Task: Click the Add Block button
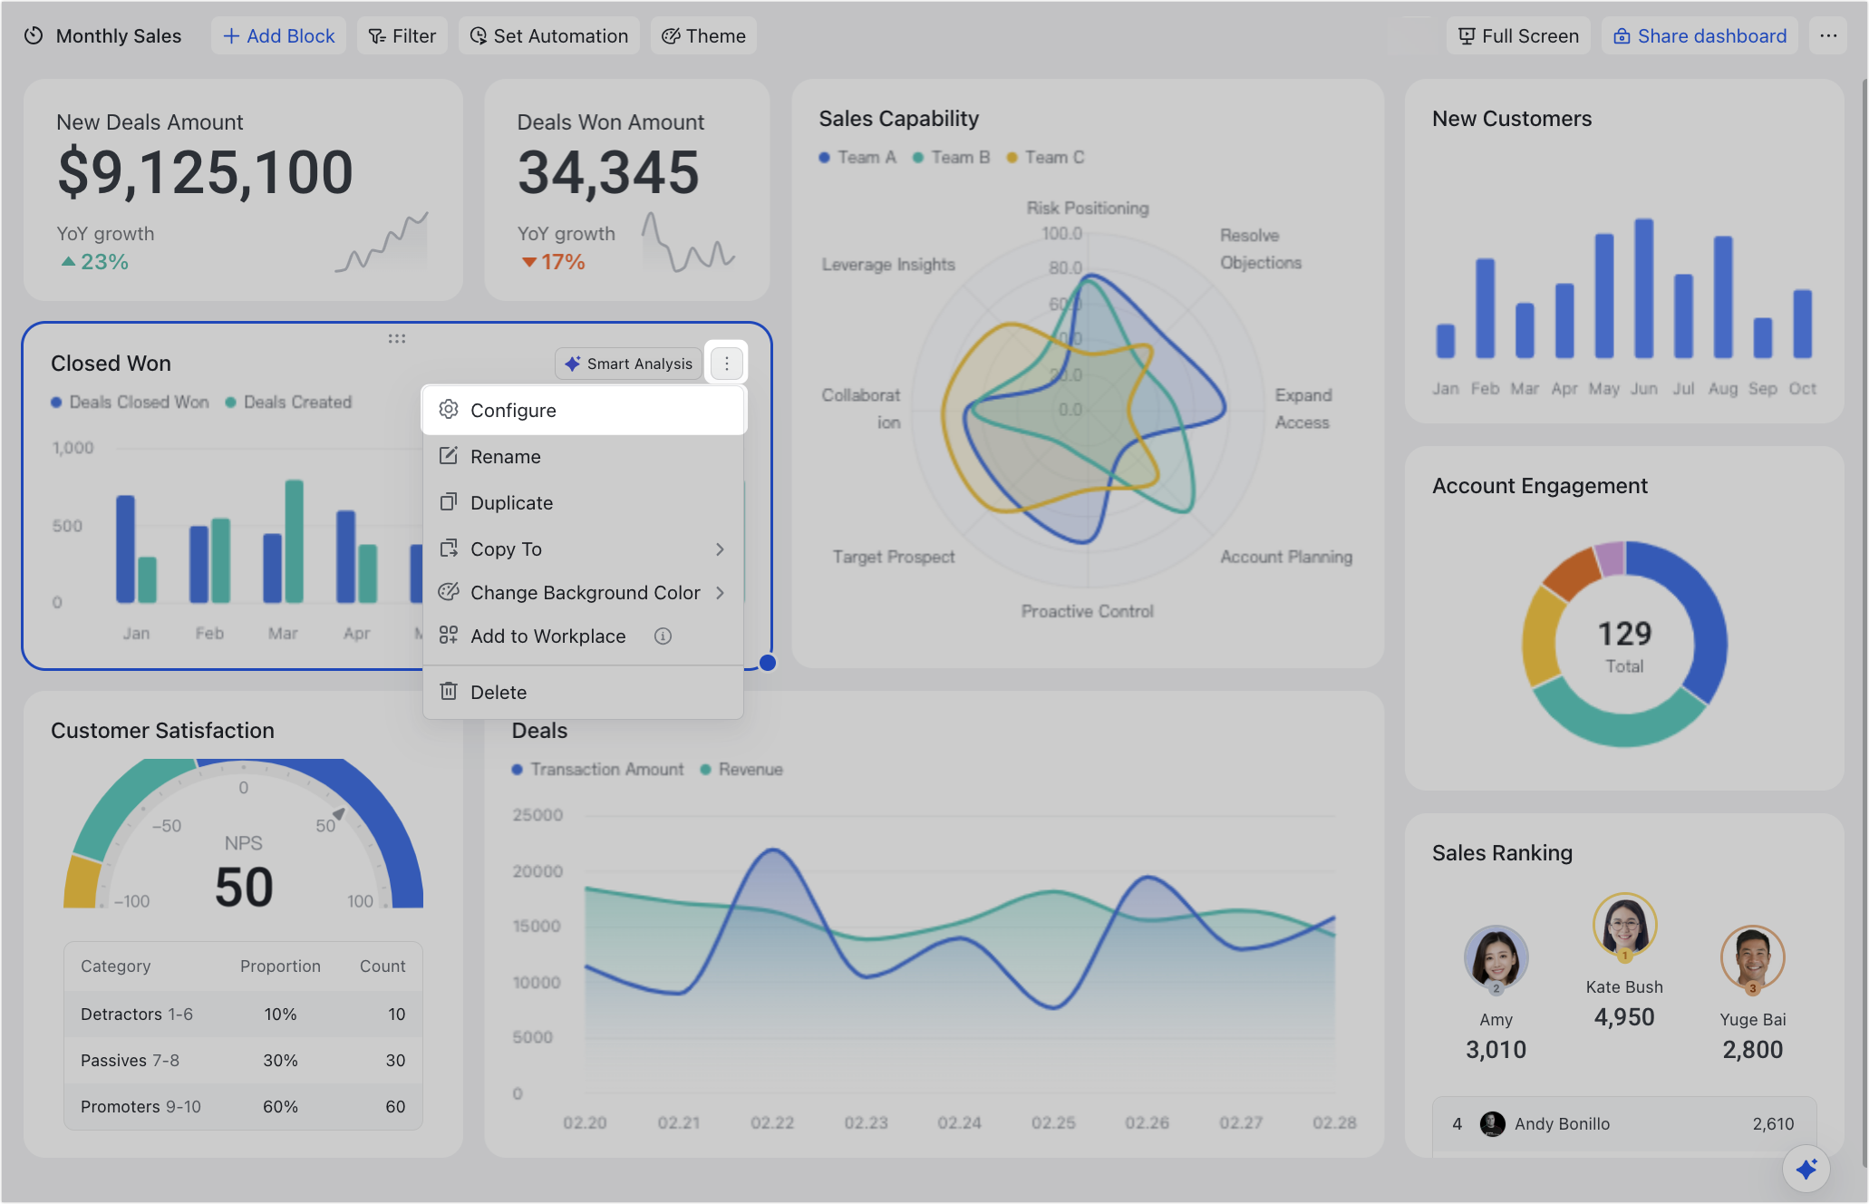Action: tap(278, 36)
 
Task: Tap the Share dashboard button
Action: tap(1700, 36)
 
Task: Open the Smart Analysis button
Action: tap(628, 364)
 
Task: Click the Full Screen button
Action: tap(1518, 36)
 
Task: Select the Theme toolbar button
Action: tap(703, 36)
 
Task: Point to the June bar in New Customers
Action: tap(1644, 288)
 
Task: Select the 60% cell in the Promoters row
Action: tap(280, 1107)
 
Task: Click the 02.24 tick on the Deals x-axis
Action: tap(960, 1123)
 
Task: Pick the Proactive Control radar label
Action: tap(1088, 612)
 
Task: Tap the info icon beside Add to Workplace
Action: tap(663, 636)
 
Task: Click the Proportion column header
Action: tap(280, 966)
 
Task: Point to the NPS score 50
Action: tap(244, 887)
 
